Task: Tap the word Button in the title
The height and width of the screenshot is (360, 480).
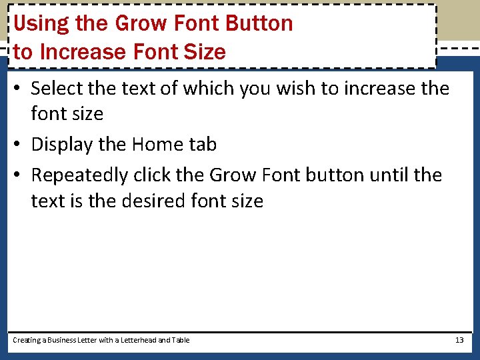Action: [259, 23]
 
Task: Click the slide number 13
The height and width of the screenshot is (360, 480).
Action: [459, 340]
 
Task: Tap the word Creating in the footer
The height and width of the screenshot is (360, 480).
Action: [27, 341]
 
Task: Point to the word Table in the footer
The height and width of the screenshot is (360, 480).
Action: [181, 340]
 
